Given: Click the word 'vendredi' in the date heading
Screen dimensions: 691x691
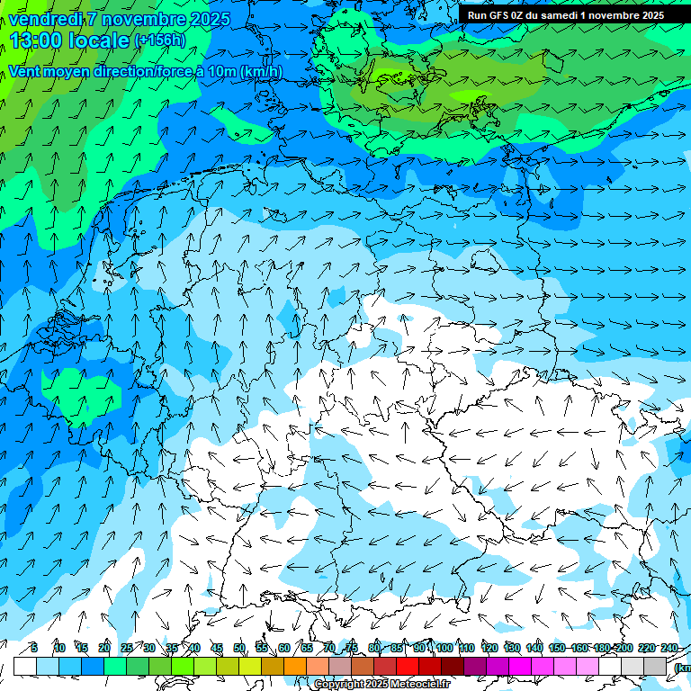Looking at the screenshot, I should click(x=43, y=19).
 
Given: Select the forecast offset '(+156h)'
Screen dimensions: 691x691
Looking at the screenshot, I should click(x=159, y=40).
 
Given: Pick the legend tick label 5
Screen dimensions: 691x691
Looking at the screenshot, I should click(x=34, y=648).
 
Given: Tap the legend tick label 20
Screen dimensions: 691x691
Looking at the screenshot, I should click(x=104, y=648).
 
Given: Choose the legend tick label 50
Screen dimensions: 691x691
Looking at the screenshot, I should click(x=239, y=648).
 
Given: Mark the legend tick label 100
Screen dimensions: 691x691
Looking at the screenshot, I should click(x=444, y=648).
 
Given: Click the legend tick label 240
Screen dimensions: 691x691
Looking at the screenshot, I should click(x=669, y=648).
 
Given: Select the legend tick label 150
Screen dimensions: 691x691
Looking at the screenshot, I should click(x=557, y=648).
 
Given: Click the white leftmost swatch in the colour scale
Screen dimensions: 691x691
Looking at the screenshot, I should click(x=25, y=666).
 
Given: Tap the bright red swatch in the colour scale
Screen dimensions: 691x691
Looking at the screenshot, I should click(x=408, y=666).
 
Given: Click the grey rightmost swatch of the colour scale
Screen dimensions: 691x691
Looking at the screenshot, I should click(x=655, y=666).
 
